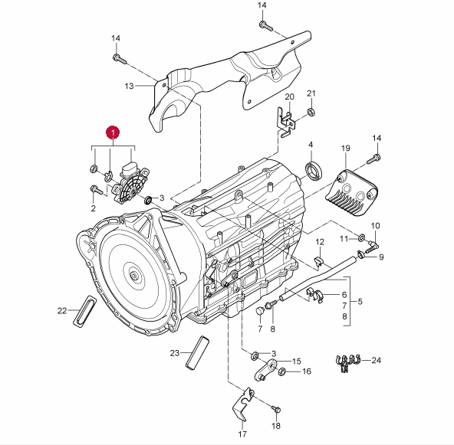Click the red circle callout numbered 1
pos(113,133)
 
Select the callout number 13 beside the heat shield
pos(129,86)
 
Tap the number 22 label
pos(62,311)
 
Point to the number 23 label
pos(175,353)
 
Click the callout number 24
pos(376,360)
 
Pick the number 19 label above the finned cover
pos(345,149)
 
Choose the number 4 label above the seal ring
pos(311,144)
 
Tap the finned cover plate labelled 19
pos(352,192)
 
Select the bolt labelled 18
pos(276,410)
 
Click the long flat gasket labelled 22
pos(84,310)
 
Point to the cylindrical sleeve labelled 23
pos(197,353)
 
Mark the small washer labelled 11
pos(362,238)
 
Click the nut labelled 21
pos(311,112)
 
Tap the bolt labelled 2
pos(97,190)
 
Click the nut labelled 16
pos(281,371)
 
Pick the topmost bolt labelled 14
pos(266,26)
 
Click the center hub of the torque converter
pos(133,276)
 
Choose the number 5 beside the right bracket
pos(360,301)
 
